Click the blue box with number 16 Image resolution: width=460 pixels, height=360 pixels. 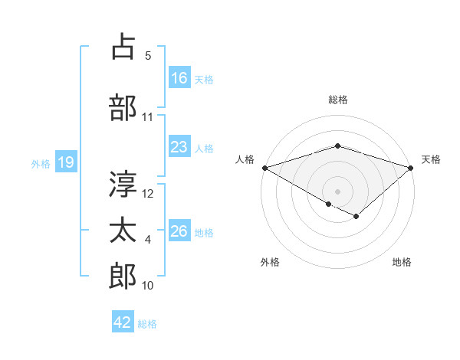tap(179, 78)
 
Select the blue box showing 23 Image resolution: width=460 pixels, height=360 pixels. tap(179, 148)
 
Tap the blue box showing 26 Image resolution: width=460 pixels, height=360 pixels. tap(179, 232)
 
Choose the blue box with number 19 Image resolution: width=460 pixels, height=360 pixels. tap(66, 162)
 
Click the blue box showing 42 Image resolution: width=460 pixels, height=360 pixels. tap(123, 323)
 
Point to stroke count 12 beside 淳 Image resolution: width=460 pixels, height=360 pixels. tap(149, 194)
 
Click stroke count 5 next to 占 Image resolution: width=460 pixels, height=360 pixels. tap(148, 56)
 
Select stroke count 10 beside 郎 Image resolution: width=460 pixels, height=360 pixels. tap(148, 286)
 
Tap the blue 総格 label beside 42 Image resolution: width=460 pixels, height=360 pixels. tap(147, 324)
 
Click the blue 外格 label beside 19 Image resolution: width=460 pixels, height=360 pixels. tap(41, 163)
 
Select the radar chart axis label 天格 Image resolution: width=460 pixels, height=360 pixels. tap(431, 159)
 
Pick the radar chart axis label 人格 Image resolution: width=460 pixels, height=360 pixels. tap(245, 159)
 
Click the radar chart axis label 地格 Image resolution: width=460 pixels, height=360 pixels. tap(402, 262)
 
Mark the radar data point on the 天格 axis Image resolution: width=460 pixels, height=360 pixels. tap(412, 168)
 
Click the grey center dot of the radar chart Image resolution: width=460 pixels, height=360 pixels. tap(337, 191)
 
